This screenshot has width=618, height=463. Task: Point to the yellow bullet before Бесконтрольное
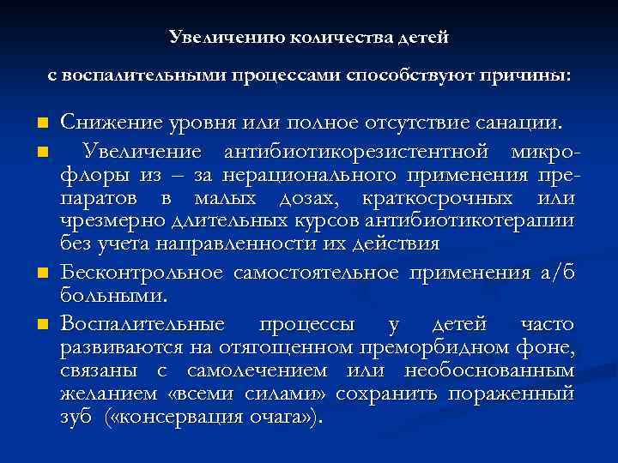tap(41, 274)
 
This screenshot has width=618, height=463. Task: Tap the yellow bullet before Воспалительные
tap(41, 325)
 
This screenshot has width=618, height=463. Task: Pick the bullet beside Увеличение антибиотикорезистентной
tap(41, 153)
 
